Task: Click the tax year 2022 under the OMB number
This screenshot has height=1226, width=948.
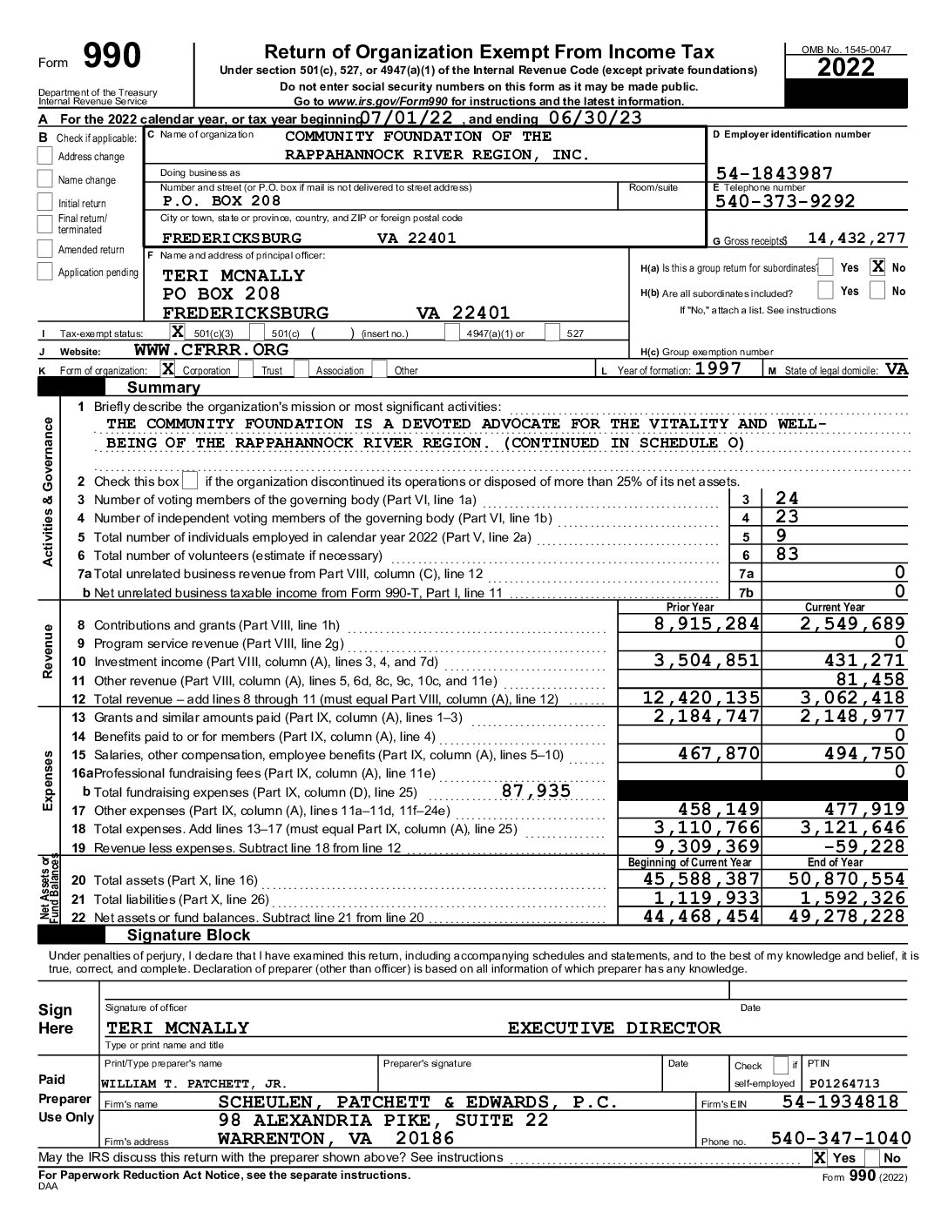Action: pos(845,68)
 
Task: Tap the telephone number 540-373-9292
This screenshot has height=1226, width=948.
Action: pos(784,201)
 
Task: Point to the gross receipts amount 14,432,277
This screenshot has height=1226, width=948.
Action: pos(856,239)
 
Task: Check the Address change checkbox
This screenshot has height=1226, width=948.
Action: pos(45,157)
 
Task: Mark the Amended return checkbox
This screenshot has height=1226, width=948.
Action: pos(45,250)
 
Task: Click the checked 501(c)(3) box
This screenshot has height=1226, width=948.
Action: pos(177,332)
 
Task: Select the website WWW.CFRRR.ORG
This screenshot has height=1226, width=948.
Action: pos(211,350)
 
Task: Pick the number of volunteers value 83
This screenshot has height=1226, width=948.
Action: pos(787,555)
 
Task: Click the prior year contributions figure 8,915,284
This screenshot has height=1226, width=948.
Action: pos(707,624)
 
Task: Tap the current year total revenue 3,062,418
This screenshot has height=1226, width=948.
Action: pos(852,697)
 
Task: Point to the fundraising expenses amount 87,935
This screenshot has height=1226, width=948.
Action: pos(536,792)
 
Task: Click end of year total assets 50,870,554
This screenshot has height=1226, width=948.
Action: pos(846,879)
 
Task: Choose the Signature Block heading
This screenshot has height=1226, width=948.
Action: pos(188,935)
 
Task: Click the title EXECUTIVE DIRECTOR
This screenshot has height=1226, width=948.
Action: pos(614,1028)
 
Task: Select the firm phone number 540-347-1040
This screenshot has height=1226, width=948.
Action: pos(841,1139)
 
